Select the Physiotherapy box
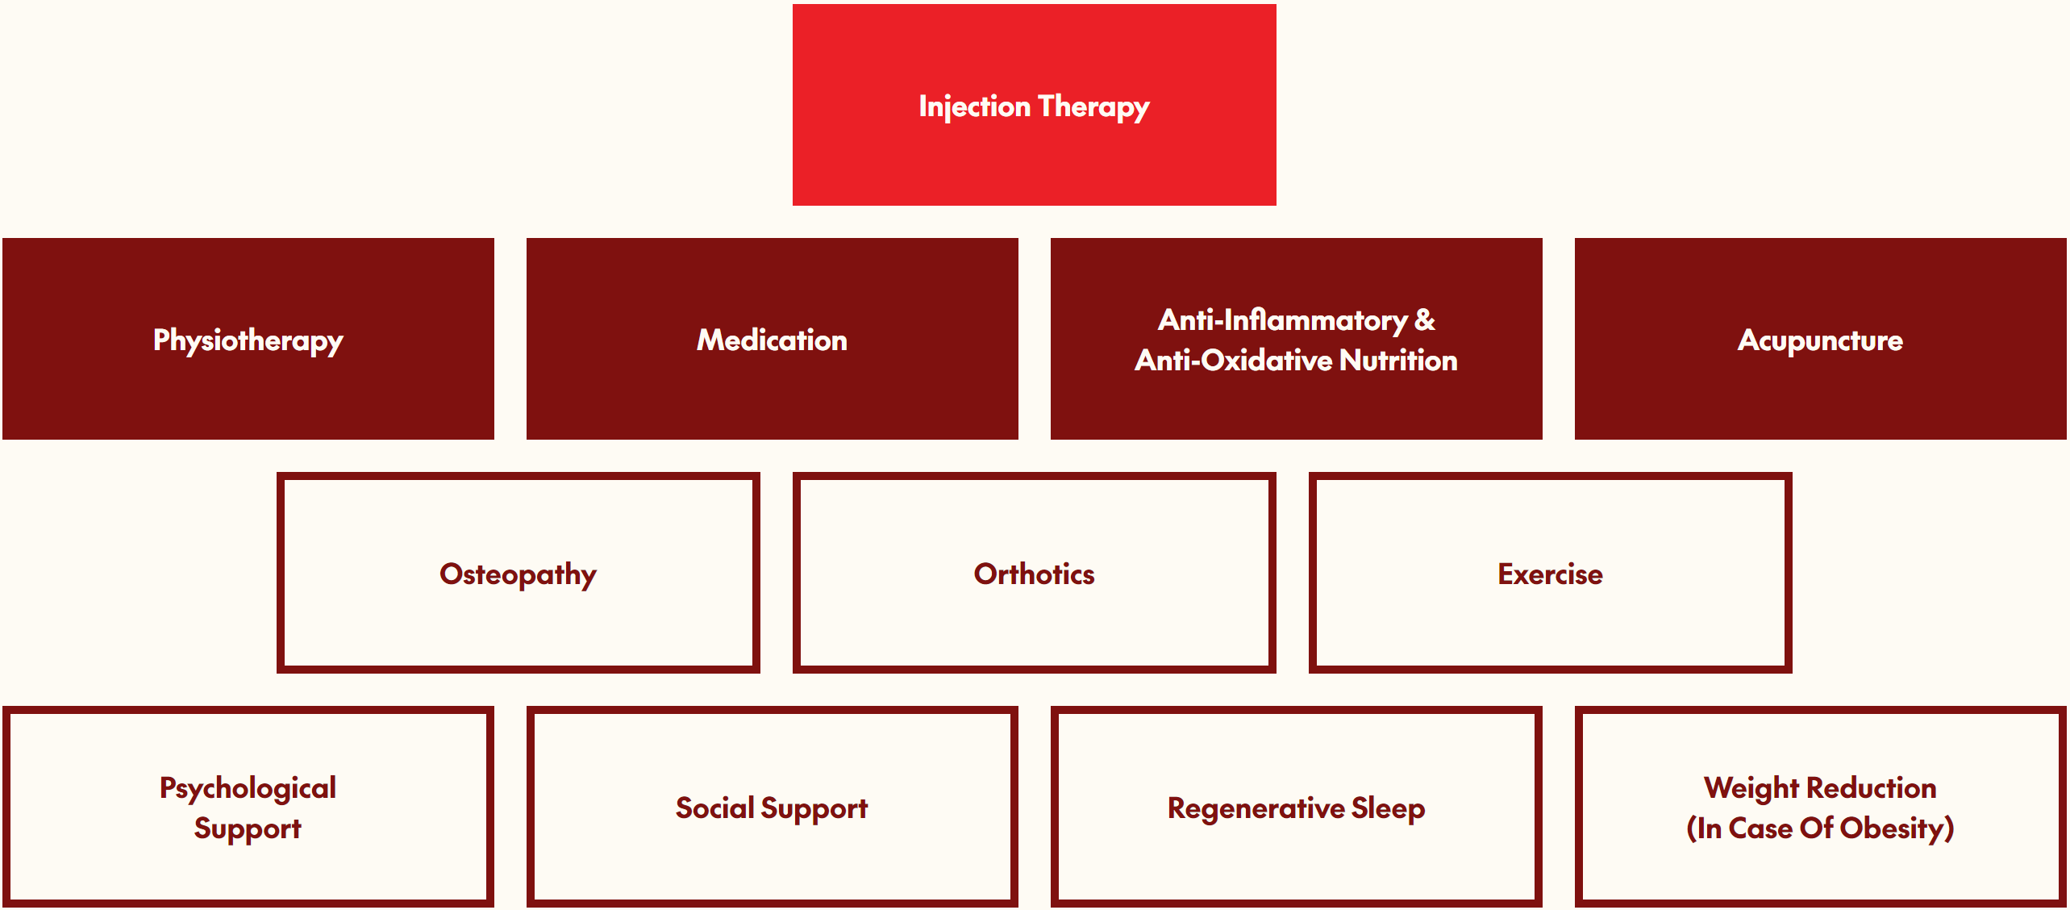click(x=248, y=340)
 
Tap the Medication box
click(x=772, y=340)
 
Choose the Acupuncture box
click(x=1820, y=340)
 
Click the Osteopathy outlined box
click(x=518, y=574)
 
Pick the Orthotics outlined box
click(x=1034, y=574)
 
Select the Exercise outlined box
click(x=1550, y=574)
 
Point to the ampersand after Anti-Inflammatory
click(x=1425, y=320)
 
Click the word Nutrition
click(x=1398, y=360)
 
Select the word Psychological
click(x=248, y=788)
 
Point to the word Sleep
click(x=1388, y=808)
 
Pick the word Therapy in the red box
click(x=1093, y=106)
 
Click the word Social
click(x=714, y=808)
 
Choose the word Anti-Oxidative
click(x=1233, y=360)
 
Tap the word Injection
click(x=974, y=106)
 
